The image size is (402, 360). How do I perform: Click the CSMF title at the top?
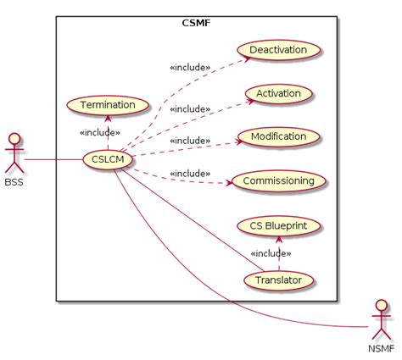click(196, 24)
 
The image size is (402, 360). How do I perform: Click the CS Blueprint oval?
click(279, 226)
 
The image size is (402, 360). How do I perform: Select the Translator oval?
click(279, 279)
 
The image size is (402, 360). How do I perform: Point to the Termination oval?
click(107, 105)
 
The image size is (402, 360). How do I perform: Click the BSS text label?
click(13, 181)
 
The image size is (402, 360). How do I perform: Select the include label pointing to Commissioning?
click(189, 173)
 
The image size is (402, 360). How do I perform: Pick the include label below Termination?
click(99, 132)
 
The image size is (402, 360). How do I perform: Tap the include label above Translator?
click(271, 253)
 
